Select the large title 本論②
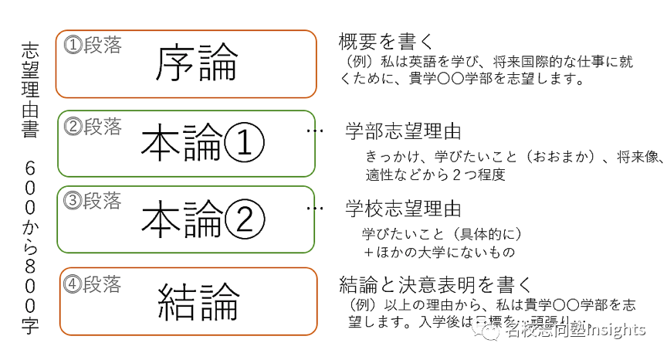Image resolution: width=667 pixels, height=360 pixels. pos(203,219)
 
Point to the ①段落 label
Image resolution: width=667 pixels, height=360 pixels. pos(93,46)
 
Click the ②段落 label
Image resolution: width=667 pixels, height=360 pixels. pos(93,126)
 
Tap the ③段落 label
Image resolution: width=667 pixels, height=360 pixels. pos(93,202)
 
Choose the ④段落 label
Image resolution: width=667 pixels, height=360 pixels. pos(93,284)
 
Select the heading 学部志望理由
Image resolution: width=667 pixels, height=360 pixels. pos(403,131)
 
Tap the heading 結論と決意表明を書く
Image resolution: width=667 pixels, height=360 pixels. pos(431,284)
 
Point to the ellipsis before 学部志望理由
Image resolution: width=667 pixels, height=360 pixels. pos(314,131)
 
